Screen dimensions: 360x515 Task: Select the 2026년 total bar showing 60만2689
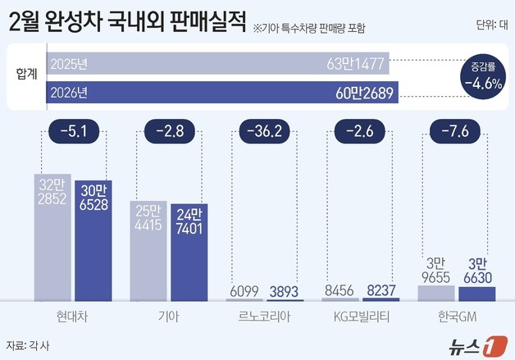[x=222, y=91]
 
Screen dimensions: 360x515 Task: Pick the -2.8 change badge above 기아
[x=167, y=130]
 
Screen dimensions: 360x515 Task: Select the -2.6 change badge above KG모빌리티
[x=357, y=130]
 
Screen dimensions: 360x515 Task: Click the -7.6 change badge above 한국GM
[x=451, y=130]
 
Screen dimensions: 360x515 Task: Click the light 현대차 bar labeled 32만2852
[x=52, y=238]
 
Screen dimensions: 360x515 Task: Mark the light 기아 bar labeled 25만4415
[x=148, y=250]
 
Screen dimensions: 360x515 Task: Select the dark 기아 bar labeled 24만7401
[x=188, y=253]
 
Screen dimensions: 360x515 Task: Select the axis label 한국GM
[x=451, y=314]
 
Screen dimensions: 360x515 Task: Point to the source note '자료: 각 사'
[x=28, y=344]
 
